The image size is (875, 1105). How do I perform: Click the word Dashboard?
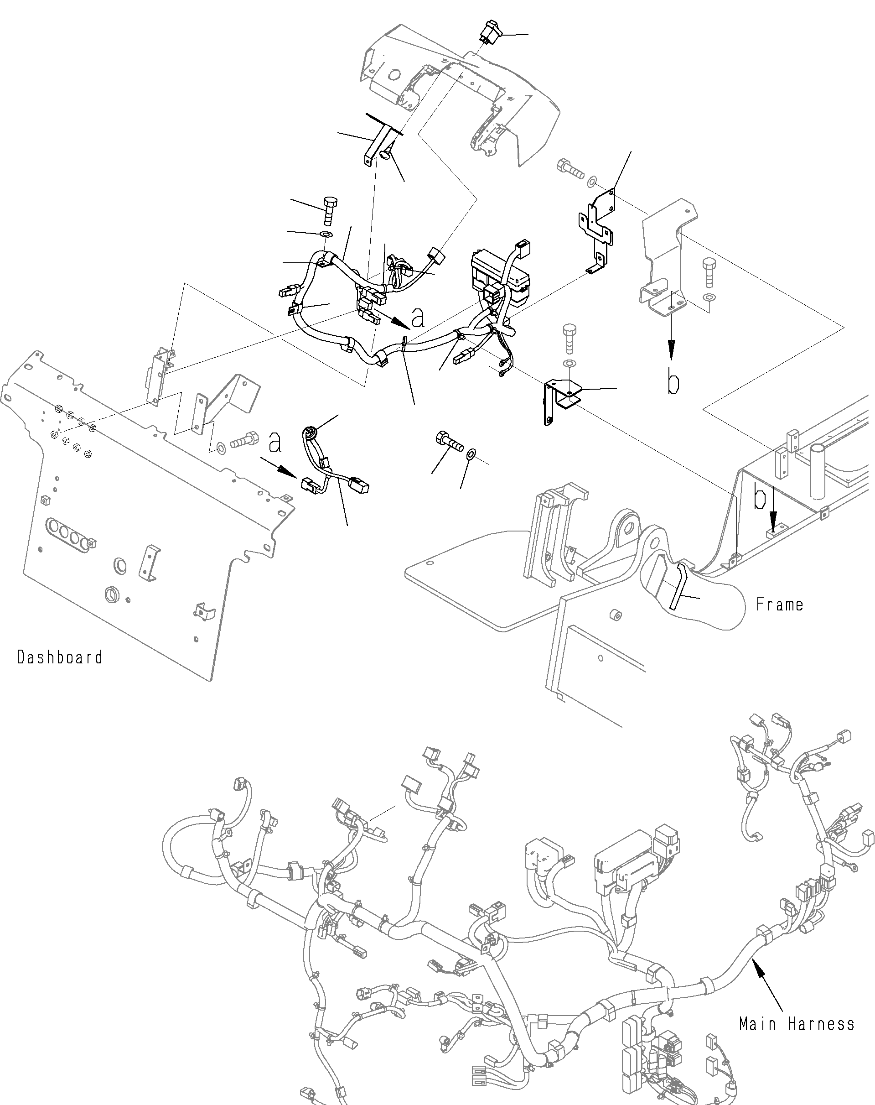59,657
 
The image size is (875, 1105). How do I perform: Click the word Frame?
779,605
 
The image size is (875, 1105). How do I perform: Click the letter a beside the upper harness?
419,319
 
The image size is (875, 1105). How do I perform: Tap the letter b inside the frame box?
760,499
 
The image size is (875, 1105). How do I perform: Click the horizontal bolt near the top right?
570,169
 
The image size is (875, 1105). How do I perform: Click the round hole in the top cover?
394,74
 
